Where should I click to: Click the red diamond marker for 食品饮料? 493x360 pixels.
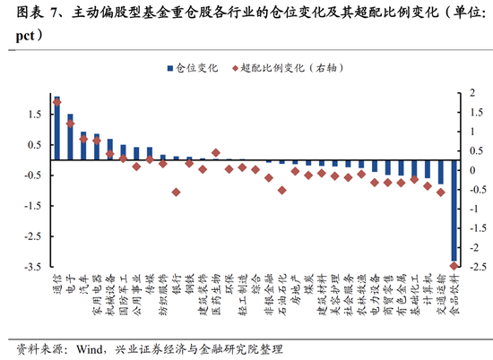tap(454, 265)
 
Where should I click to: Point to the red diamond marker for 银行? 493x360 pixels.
tap(176, 192)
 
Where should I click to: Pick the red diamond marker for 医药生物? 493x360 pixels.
tap(215, 153)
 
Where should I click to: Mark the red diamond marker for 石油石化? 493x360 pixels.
tap(281, 190)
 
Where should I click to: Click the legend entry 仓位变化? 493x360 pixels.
tap(192, 68)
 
